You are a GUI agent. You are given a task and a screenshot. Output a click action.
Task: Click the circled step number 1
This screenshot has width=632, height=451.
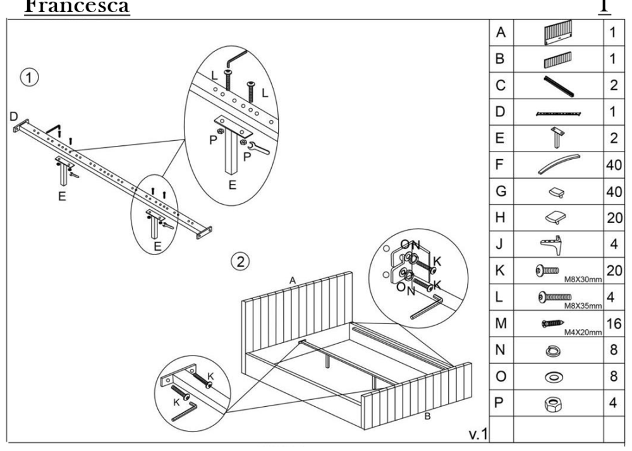28,78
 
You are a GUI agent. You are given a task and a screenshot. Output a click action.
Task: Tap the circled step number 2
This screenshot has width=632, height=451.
239,260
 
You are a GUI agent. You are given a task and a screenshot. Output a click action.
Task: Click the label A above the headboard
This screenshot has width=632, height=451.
293,279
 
